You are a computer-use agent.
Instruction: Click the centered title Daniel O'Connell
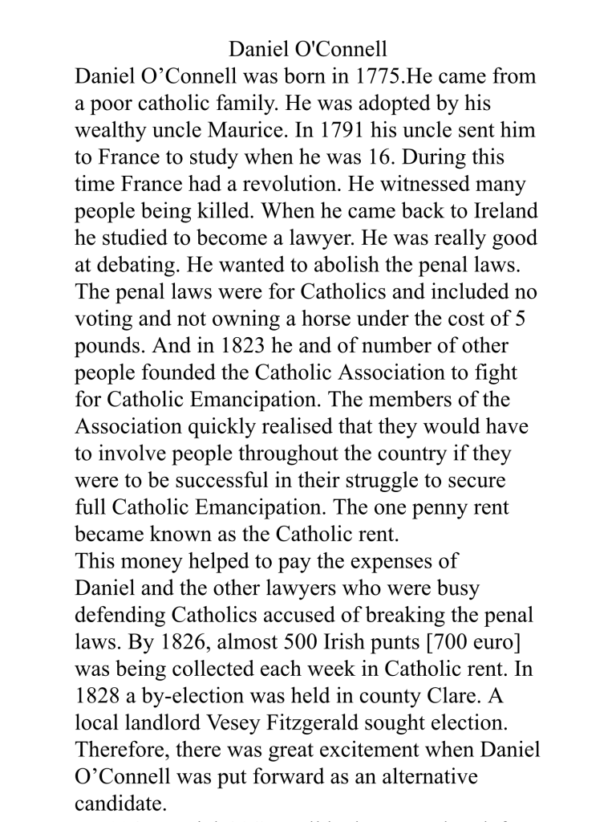(x=308, y=50)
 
